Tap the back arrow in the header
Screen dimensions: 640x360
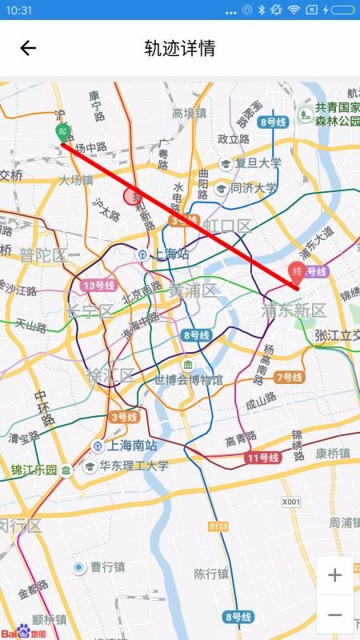coord(28,48)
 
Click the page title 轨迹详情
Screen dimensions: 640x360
coord(179,48)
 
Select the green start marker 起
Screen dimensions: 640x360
coord(62,133)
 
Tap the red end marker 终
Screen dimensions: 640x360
coord(297,271)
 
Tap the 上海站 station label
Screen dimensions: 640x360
coord(170,254)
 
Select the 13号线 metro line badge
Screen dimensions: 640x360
coord(98,285)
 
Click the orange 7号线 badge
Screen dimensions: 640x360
coord(289,377)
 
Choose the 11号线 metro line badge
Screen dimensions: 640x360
coord(262,458)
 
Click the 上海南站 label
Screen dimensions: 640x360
coord(127,446)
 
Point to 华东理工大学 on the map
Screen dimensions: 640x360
coord(134,466)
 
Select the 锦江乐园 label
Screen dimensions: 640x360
coord(34,470)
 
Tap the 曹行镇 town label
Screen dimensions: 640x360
coord(106,567)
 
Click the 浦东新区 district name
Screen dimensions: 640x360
coord(294,310)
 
